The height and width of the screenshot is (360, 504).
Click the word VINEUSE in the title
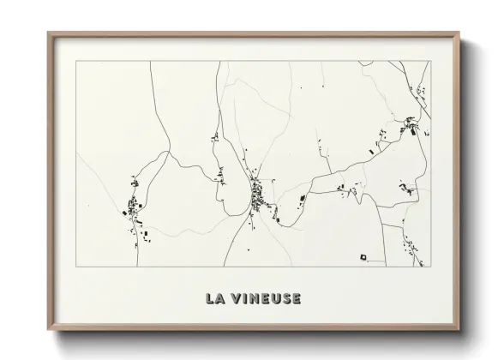pyautogui.click(x=264, y=298)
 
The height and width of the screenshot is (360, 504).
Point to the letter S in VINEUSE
pyautogui.click(x=285, y=298)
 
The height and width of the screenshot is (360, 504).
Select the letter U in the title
pyautogui.click(x=273, y=298)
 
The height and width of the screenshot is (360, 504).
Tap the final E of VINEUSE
pyautogui.click(x=296, y=298)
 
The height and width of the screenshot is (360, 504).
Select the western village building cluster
pyautogui.click(x=133, y=206)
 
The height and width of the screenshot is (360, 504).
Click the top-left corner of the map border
pyautogui.click(x=76, y=61)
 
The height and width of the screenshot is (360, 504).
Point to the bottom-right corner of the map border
pyautogui.click(x=431, y=266)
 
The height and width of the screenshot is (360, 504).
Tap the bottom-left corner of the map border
pyautogui.click(x=76, y=266)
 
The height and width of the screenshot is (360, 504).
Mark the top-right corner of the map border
pyautogui.click(x=431, y=61)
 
